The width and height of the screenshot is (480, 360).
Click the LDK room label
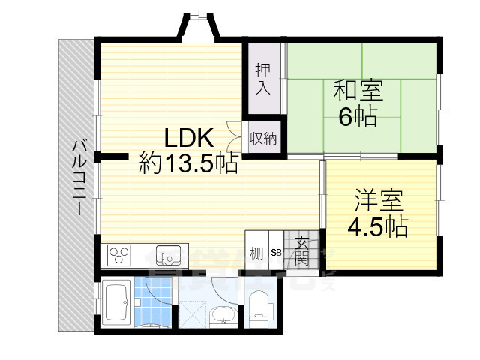(x=190, y=139)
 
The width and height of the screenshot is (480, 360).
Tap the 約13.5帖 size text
(x=189, y=163)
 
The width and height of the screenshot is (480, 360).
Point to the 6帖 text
(x=358, y=118)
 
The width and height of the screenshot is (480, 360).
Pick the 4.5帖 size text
(x=377, y=226)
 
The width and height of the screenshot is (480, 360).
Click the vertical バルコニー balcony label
(x=77, y=177)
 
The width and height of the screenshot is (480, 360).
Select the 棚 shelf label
(x=256, y=253)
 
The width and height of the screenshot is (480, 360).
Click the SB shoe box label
(x=275, y=253)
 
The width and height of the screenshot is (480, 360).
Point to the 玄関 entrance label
(x=301, y=250)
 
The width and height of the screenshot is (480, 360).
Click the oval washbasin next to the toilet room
(x=222, y=315)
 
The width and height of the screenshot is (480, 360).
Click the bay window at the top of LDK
(x=198, y=25)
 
